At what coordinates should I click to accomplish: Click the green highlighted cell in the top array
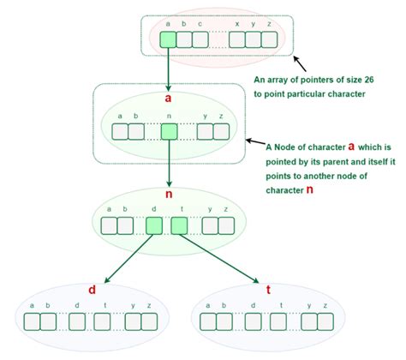coord(168,39)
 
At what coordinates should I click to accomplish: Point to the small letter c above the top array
coord(200,24)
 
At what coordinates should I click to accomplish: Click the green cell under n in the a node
coord(170,131)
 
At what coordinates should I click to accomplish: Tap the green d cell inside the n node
coord(154,225)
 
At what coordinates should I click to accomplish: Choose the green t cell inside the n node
coord(179,225)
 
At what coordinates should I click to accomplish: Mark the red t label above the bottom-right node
coord(268,289)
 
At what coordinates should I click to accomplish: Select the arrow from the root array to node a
coord(168,69)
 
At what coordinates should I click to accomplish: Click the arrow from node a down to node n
coord(170,163)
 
